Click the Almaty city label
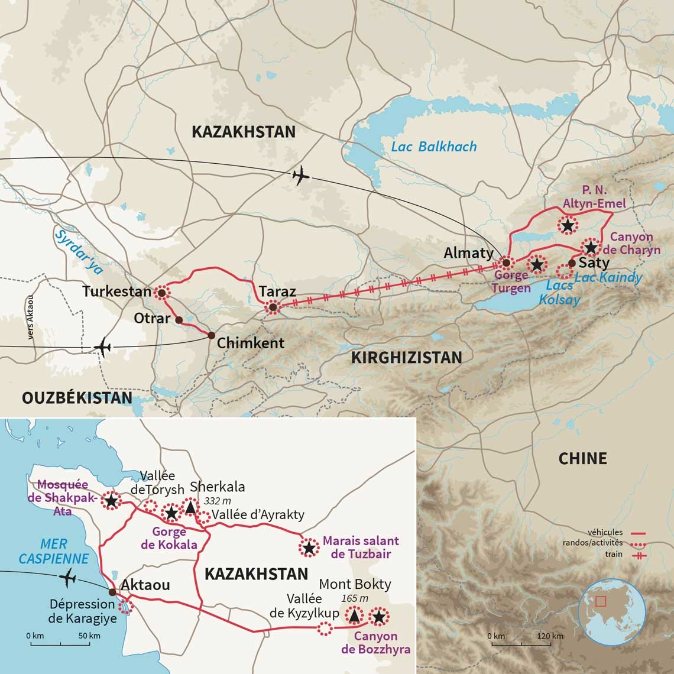(469, 253)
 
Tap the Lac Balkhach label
(433, 147)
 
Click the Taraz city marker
(272, 307)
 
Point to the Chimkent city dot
(211, 335)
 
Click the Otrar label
(152, 318)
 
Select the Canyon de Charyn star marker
(589, 247)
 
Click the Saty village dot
(571, 263)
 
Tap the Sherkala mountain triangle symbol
(190, 507)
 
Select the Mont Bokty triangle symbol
(354, 615)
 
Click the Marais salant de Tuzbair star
(308, 548)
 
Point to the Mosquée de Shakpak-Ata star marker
(111, 501)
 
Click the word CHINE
(582, 458)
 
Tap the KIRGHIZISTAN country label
(407, 357)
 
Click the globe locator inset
(611, 611)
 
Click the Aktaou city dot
(112, 591)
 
